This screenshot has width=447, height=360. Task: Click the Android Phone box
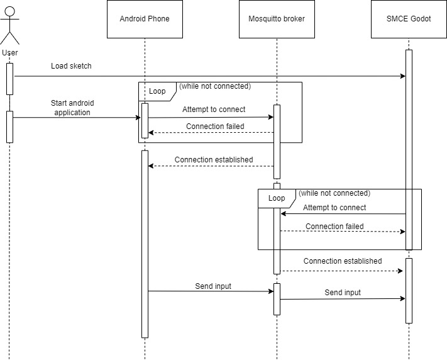click(145, 19)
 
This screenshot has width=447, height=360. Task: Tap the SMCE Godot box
click(409, 19)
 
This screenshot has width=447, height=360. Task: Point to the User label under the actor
click(9, 53)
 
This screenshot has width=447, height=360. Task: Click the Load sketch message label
click(71, 66)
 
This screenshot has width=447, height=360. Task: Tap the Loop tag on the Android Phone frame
click(157, 91)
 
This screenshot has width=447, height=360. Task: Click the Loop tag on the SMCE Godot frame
click(277, 198)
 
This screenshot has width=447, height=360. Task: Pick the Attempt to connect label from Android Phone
click(214, 110)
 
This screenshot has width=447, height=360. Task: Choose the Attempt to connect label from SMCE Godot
click(334, 208)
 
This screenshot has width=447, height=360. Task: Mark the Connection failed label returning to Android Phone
click(215, 127)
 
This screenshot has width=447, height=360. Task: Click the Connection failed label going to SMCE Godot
click(334, 227)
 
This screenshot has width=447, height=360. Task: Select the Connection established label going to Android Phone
click(214, 160)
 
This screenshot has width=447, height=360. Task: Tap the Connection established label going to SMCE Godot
click(342, 261)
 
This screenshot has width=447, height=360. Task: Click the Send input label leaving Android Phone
click(213, 286)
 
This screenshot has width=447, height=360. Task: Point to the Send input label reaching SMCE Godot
click(343, 293)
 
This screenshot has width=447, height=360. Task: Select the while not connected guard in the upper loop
click(215, 86)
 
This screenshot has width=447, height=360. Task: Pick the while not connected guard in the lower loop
click(334, 193)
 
